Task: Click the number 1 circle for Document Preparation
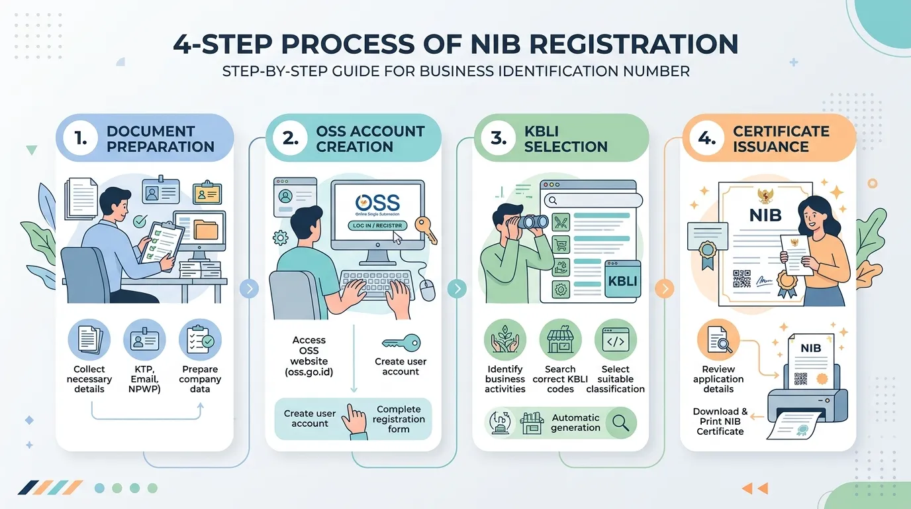coord(81,139)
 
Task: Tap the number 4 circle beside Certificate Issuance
coord(707,139)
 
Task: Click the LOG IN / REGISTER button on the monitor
coord(377,225)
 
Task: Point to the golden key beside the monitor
coord(426,230)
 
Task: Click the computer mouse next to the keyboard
coord(428,290)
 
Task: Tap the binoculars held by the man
coord(532,222)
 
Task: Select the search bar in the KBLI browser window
coord(593,200)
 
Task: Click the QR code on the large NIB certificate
coord(742,279)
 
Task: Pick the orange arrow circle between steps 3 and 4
coord(665,289)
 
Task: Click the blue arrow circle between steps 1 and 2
coord(250,289)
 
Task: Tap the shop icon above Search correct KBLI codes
coord(560,339)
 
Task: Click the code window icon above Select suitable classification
coord(615,339)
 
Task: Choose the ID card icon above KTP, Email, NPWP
coord(144,339)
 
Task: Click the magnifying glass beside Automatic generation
coord(621,423)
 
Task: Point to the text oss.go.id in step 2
coord(309,372)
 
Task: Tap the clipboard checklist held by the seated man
coord(162,243)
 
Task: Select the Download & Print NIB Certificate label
coord(720,422)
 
